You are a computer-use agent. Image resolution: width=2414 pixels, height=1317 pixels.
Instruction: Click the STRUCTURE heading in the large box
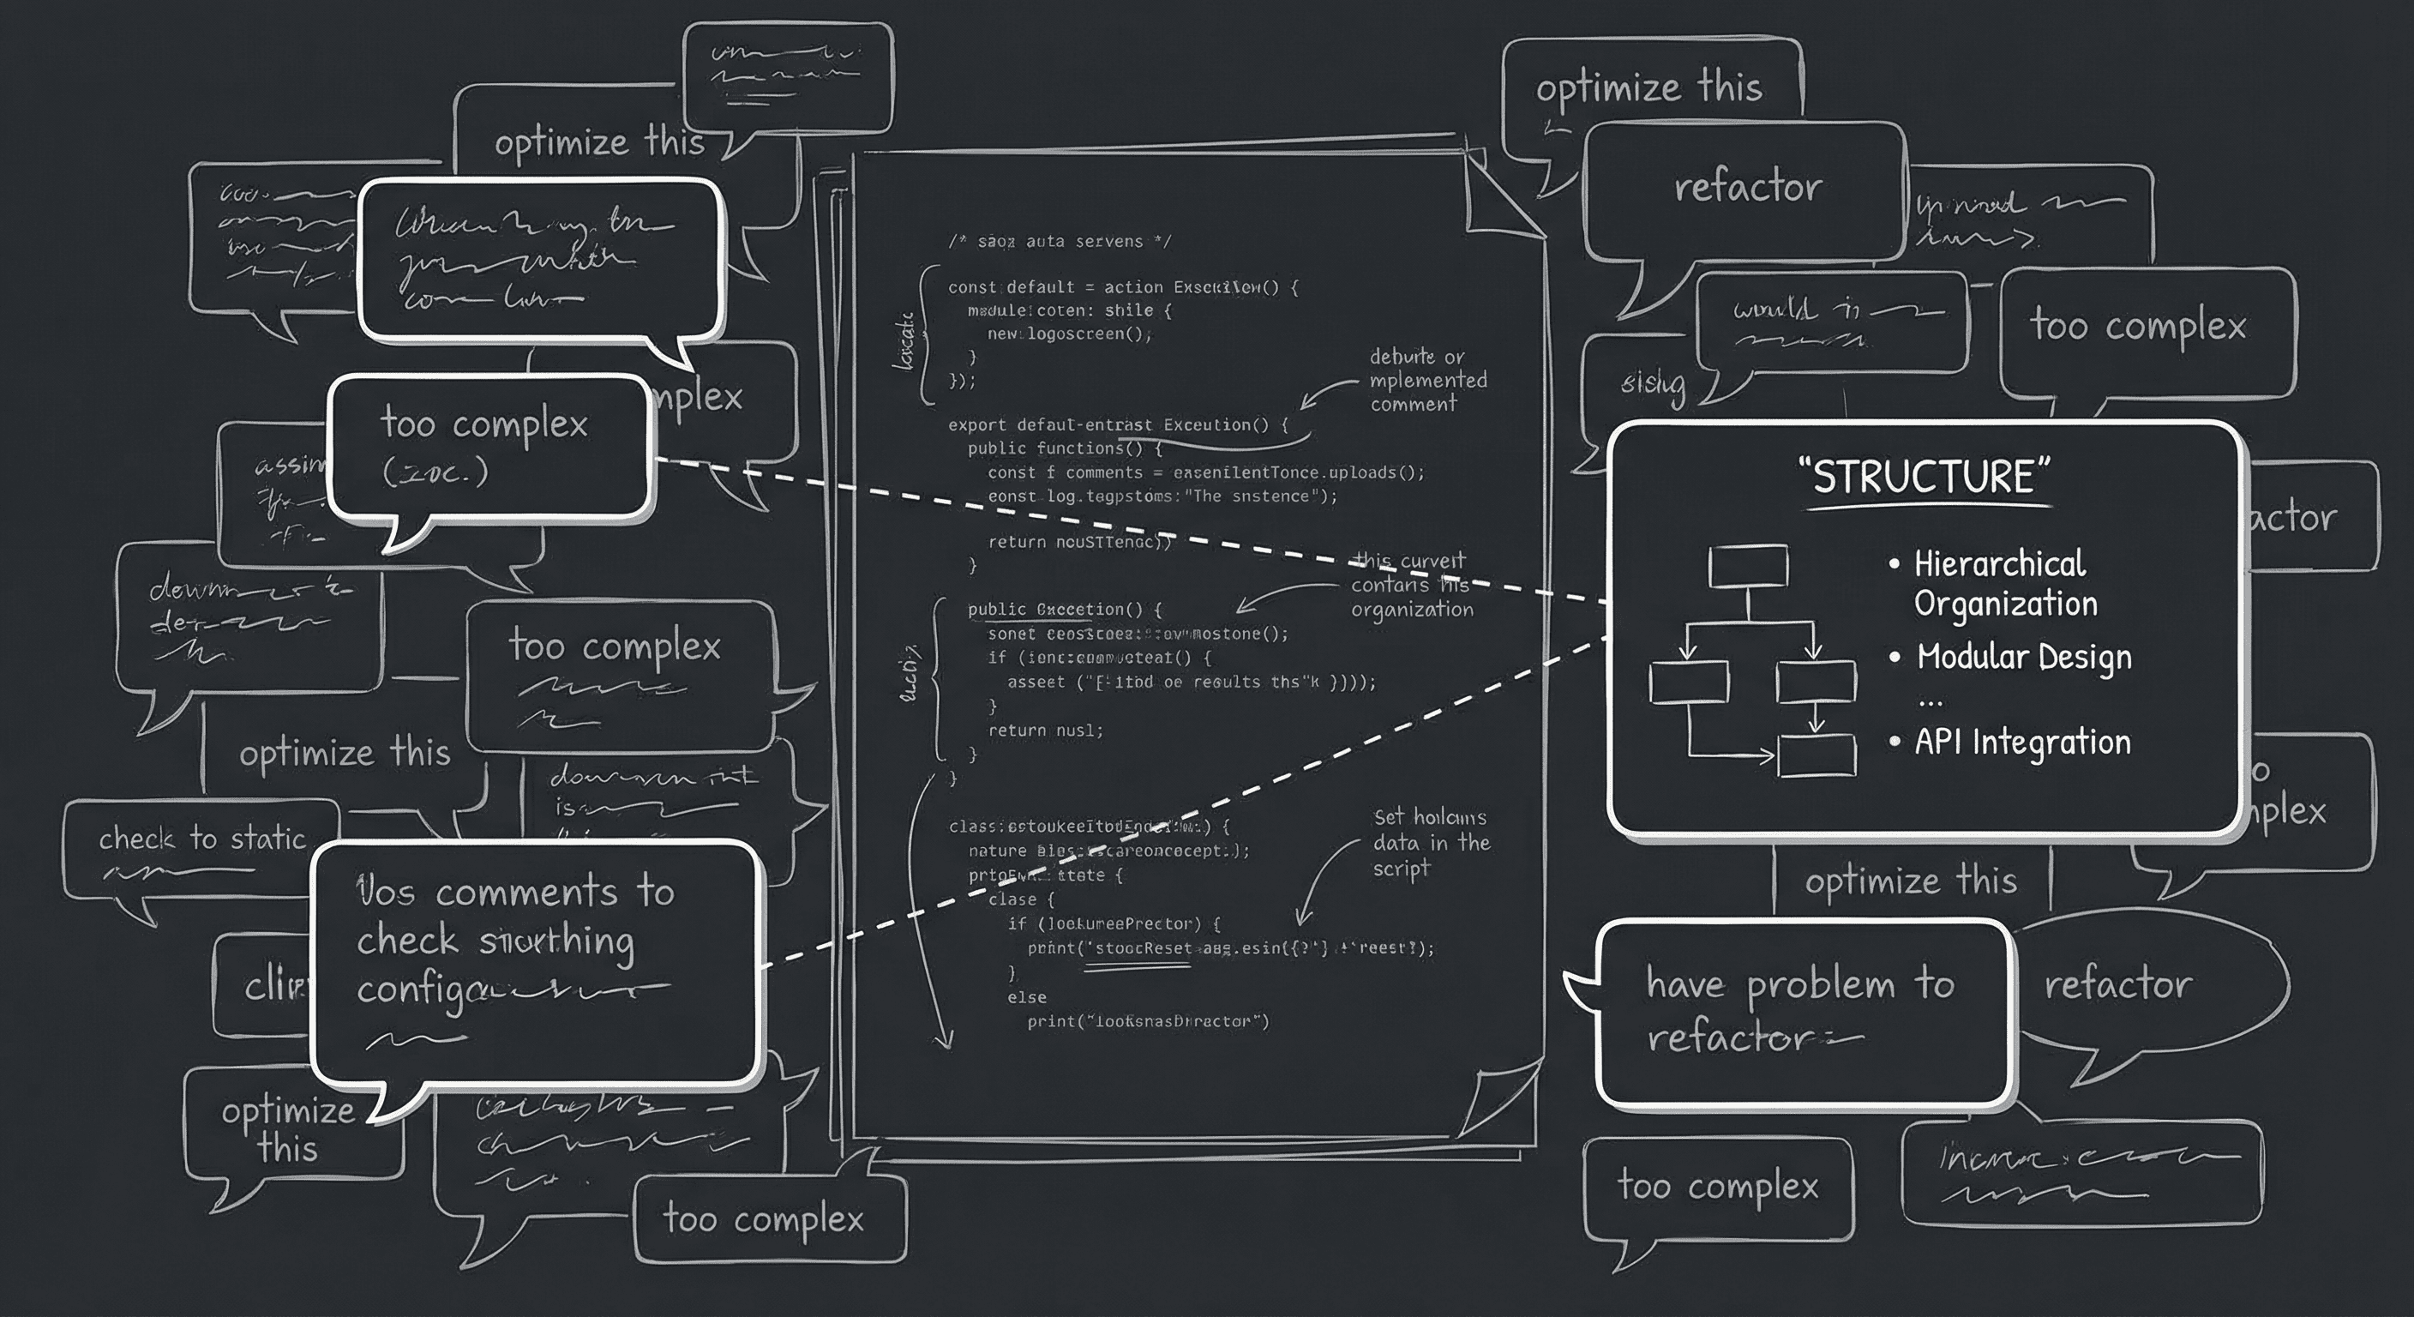(x=1925, y=476)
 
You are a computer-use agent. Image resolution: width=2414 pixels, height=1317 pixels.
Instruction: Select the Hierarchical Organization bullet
(x=2003, y=583)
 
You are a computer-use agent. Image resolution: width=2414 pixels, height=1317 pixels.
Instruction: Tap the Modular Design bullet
(x=2022, y=656)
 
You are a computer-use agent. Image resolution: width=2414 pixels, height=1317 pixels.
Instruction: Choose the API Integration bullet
(x=2021, y=742)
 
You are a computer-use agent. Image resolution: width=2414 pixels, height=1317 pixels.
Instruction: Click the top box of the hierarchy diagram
(x=1748, y=567)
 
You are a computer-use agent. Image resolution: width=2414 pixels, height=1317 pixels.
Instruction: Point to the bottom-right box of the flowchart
(x=1817, y=755)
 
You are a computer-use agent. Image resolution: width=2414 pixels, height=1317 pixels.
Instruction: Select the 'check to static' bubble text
(x=202, y=838)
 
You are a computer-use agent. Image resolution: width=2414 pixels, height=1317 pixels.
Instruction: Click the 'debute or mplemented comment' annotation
(x=1427, y=380)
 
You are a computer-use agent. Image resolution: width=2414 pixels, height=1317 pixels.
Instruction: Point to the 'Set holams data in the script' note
(x=1430, y=842)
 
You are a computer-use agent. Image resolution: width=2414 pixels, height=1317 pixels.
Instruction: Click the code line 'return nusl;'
(x=1045, y=731)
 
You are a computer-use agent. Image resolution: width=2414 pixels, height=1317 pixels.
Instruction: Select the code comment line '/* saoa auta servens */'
(x=1059, y=242)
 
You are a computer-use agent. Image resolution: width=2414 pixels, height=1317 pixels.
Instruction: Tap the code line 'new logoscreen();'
(x=1068, y=334)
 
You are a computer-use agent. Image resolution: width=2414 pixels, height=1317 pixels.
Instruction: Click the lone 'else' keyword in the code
(x=1026, y=997)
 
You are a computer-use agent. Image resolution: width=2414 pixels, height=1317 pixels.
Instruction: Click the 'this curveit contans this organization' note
(x=1410, y=585)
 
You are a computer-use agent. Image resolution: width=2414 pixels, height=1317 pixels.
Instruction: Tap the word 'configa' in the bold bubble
(x=422, y=989)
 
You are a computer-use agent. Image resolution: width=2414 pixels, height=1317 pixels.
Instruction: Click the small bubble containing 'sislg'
(x=1652, y=383)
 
